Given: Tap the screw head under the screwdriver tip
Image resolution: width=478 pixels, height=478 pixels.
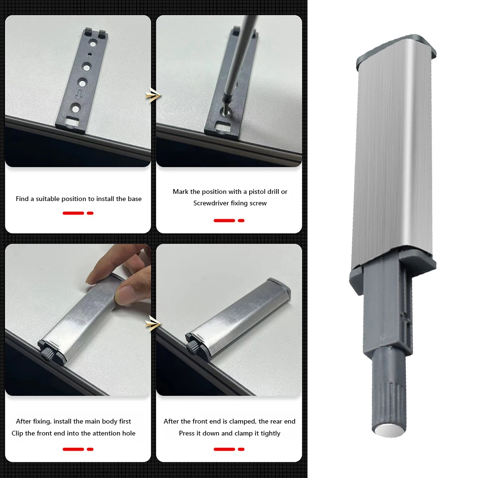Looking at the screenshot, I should [225, 109].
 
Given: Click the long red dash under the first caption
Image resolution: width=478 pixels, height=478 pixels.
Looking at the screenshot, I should [73, 213].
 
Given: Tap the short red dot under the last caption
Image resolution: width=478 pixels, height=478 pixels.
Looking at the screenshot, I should [241, 449].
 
